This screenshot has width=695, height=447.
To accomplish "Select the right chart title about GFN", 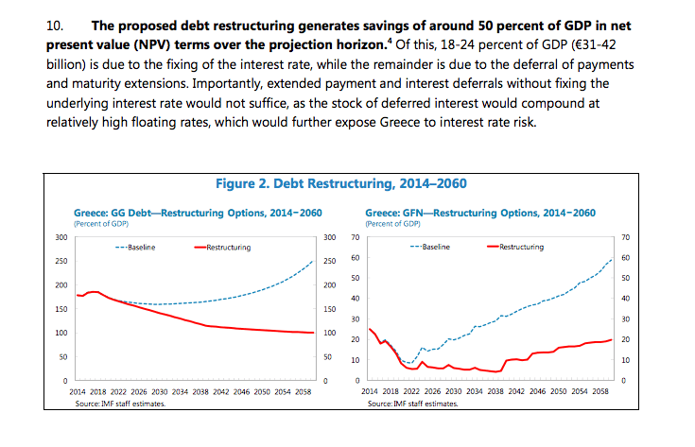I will pos(479,213).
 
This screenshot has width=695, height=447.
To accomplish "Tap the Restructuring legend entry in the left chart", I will pos(222,248).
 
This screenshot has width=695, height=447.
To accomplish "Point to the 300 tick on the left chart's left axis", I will pos(60,236).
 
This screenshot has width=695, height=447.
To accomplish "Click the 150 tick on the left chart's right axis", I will pos(330,309).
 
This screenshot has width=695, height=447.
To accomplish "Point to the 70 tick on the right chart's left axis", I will pos(354,236).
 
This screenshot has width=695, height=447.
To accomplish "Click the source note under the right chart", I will pos(410,404).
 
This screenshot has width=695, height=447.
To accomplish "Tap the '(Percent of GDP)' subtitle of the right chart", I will pos(391,224).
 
